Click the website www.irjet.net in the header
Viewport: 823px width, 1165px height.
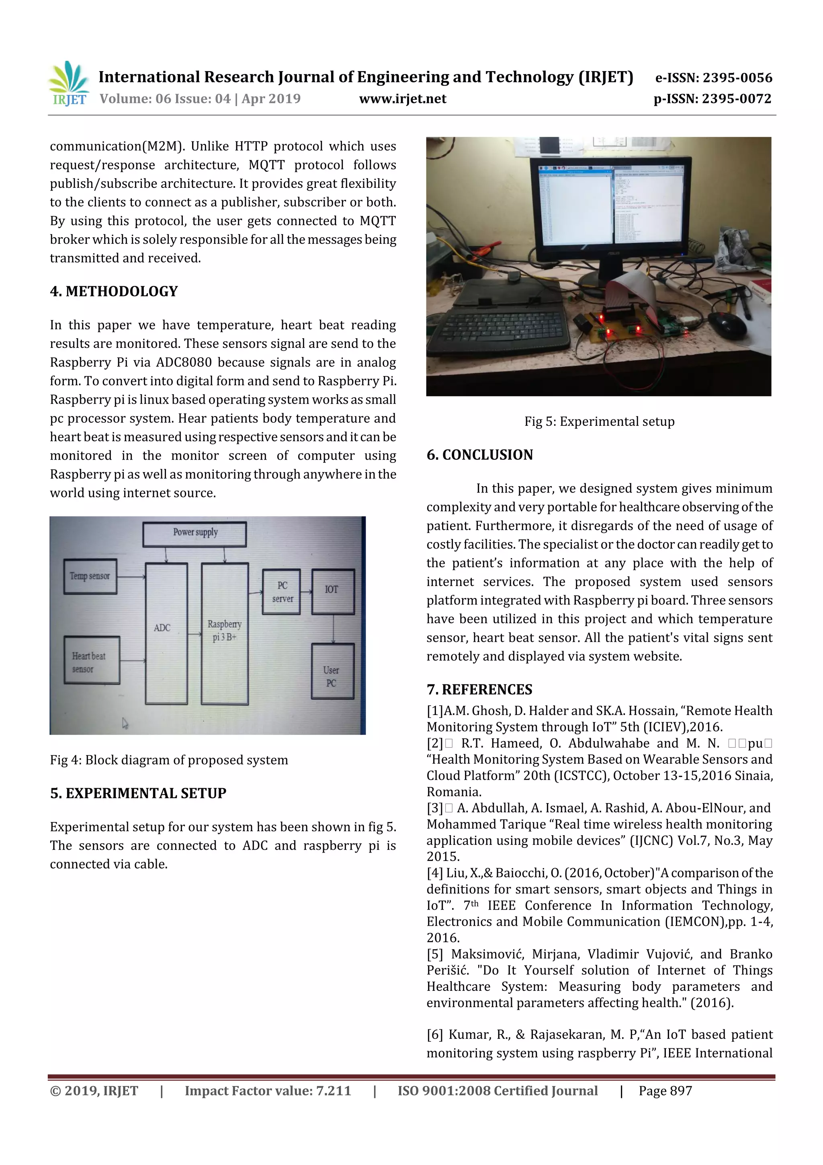click(402, 99)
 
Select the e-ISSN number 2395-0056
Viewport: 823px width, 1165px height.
click(713, 78)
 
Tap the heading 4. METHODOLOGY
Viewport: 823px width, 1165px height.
click(114, 291)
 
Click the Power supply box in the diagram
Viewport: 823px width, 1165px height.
click(195, 533)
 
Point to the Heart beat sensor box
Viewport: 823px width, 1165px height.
click(91, 661)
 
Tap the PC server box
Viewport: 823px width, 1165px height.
click(282, 592)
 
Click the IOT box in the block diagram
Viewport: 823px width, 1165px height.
click(332, 591)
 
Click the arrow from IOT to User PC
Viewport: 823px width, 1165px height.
click(333, 629)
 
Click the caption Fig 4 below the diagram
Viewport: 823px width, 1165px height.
click(169, 760)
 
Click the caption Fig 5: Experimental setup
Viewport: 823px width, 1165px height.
click(599, 422)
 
